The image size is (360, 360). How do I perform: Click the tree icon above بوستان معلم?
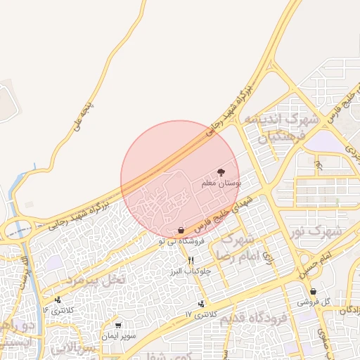tap(221, 172)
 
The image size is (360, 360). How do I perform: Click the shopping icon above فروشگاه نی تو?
tap(181, 230)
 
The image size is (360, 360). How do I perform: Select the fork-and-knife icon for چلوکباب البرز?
tap(190, 260)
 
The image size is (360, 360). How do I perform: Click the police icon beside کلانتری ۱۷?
tap(202, 304)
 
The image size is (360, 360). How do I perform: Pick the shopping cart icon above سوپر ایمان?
tap(117, 326)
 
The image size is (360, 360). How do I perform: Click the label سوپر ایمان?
tap(117, 336)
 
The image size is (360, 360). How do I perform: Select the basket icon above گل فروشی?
tap(313, 291)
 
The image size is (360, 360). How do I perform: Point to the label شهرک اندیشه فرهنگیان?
tap(280, 127)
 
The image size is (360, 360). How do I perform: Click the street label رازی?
tap(268, 260)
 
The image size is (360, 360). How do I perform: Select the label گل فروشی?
tap(313, 302)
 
